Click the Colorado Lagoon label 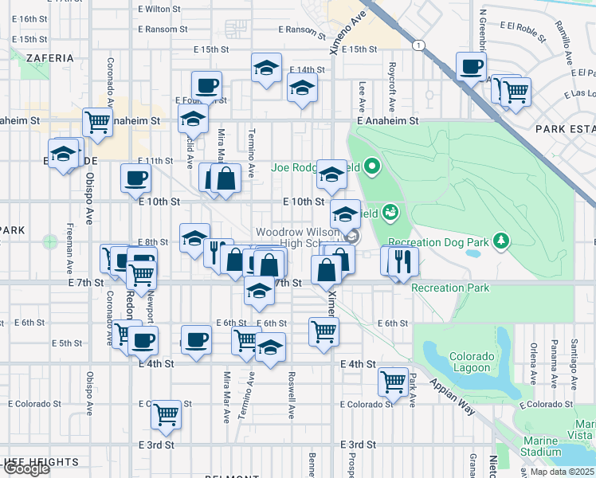point(469,362)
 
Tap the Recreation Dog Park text point(437,241)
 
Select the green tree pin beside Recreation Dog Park point(500,240)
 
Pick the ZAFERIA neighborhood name point(49,58)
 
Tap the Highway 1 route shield point(418,45)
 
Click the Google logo point(26,468)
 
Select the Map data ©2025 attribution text point(562,472)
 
